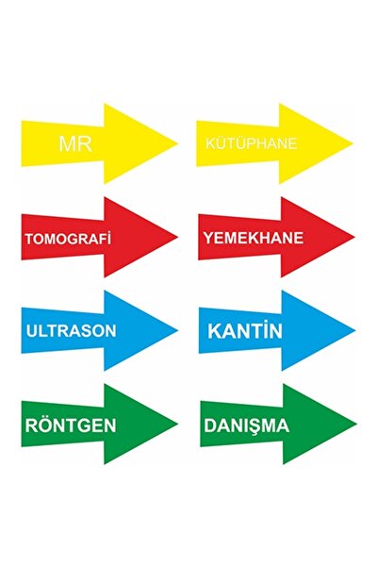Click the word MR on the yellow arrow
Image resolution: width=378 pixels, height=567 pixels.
[x=75, y=143]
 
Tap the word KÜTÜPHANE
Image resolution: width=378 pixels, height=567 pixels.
[x=251, y=143]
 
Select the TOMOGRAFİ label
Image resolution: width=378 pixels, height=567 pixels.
[x=68, y=239]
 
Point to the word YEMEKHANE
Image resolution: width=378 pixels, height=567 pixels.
[x=253, y=238]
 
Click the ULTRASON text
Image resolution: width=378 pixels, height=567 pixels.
[x=72, y=331]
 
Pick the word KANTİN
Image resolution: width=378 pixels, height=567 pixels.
[x=245, y=330]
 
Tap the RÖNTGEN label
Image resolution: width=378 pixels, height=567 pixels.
[x=71, y=425]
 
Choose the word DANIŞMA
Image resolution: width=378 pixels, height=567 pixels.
[x=246, y=425]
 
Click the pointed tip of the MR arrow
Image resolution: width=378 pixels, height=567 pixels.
[x=178, y=143]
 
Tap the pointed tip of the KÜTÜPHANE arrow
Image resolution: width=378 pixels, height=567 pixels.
[x=353, y=143]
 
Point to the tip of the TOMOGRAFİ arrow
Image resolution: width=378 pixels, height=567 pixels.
[x=178, y=237]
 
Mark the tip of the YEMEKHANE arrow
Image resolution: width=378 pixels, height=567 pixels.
[x=354, y=237]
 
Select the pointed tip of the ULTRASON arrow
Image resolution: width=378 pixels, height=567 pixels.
[x=178, y=330]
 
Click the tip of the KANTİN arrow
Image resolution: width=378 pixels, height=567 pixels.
[x=355, y=330]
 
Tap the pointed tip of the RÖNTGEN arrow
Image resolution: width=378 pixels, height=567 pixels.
[x=178, y=424]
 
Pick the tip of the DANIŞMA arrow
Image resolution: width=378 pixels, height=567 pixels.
[x=356, y=424]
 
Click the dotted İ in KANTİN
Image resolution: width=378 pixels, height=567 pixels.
[x=265, y=330]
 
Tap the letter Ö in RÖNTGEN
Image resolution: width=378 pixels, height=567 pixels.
[x=46, y=425]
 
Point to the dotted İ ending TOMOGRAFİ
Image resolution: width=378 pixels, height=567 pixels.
[x=108, y=239]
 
